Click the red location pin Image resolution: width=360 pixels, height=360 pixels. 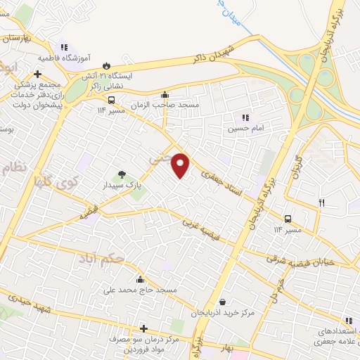(181, 165)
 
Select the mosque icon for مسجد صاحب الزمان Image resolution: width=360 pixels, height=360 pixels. (165, 94)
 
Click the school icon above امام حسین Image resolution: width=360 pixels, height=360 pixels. (245, 117)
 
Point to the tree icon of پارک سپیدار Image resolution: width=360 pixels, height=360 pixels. (122, 174)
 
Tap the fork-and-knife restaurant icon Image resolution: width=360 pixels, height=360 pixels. (322, 202)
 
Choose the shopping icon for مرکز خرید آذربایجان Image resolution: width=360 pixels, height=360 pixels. (222, 302)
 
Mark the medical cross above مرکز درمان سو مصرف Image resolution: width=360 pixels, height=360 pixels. (143, 328)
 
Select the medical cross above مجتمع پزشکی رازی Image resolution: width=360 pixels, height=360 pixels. (37, 73)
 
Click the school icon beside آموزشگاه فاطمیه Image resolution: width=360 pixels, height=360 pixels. (65, 46)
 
